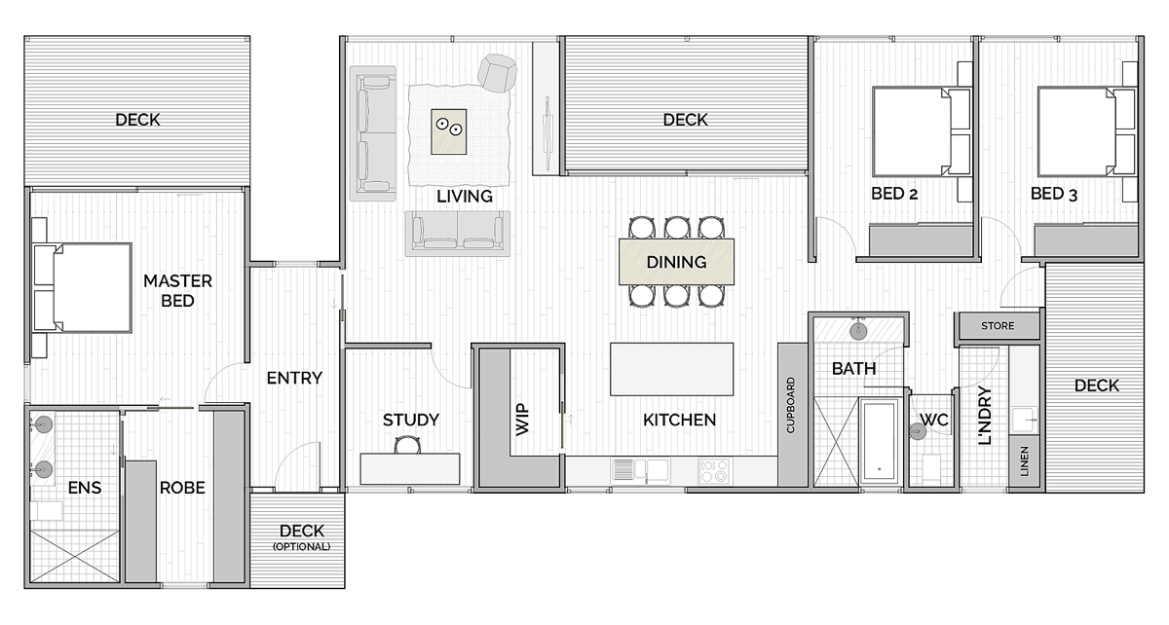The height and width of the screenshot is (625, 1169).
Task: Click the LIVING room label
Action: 465,196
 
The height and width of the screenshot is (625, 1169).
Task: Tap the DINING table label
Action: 676,262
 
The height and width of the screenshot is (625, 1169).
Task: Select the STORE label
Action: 998,326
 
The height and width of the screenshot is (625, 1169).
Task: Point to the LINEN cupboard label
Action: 1025,461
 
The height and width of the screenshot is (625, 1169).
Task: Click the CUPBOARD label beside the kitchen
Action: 791,405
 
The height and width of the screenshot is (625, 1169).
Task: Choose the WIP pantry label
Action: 522,419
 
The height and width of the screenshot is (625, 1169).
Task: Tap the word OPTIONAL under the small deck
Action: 302,547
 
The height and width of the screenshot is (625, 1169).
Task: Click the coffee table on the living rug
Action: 449,131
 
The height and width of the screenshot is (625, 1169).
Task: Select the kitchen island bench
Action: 671,369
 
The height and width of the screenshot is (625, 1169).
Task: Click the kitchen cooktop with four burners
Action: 714,470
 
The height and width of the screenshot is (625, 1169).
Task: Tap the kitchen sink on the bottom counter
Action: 640,469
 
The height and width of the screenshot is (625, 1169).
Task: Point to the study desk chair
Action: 407,446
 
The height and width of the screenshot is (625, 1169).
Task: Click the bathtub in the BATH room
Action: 880,441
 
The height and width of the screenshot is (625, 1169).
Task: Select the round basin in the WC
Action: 917,431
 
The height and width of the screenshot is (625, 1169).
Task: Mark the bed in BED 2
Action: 922,132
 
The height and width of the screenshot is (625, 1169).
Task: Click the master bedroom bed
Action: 83,287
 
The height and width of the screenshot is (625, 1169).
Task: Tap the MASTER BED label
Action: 177,291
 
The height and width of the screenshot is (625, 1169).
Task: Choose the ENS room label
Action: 85,488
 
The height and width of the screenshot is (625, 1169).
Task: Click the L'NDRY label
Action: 984,416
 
